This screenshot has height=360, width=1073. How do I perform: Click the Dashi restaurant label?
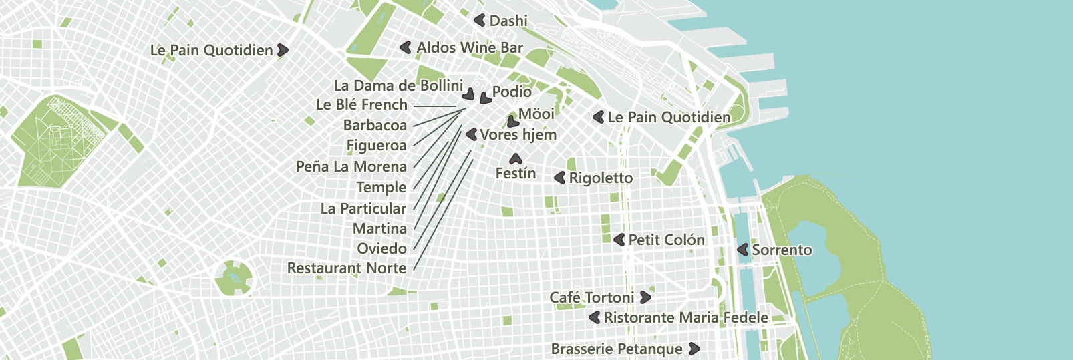click(x=508, y=21)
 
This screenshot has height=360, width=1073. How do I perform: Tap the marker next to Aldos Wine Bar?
click(x=405, y=47)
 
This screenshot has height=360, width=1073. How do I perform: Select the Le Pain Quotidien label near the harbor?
click(x=669, y=118)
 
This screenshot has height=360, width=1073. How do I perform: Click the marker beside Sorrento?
click(x=742, y=250)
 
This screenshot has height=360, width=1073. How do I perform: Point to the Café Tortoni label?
click(x=591, y=297)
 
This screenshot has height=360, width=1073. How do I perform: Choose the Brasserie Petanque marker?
click(x=694, y=349)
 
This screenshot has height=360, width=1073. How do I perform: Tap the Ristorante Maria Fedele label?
click(x=685, y=317)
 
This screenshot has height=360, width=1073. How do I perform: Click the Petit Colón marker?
click(x=619, y=240)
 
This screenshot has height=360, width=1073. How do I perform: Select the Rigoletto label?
click(x=601, y=178)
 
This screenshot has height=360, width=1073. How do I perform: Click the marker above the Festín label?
click(x=515, y=159)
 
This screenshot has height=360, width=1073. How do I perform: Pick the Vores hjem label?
click(x=518, y=135)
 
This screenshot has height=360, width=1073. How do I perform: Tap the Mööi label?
click(x=536, y=114)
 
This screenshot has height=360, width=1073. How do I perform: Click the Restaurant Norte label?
click(x=347, y=268)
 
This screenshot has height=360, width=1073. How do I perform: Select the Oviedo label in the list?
click(x=381, y=248)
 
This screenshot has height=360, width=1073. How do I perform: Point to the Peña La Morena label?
click(x=351, y=167)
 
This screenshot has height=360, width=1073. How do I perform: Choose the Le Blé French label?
click(x=361, y=105)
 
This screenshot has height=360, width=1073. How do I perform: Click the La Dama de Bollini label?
click(x=398, y=85)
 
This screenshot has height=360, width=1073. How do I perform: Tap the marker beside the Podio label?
click(x=485, y=98)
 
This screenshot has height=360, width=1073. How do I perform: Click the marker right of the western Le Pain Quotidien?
click(x=283, y=50)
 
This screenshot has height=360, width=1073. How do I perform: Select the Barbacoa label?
click(x=375, y=126)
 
